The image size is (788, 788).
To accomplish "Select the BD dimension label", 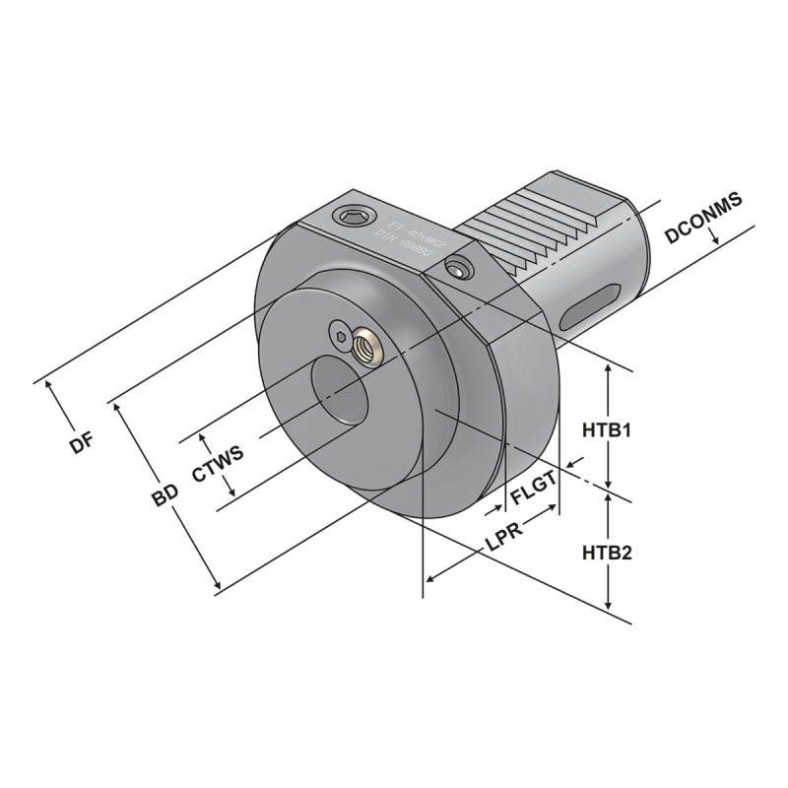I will [164, 495].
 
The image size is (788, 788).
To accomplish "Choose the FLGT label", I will [534, 483].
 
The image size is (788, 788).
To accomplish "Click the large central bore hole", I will [339, 393].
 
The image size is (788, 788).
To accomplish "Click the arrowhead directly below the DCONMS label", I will [722, 242].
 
